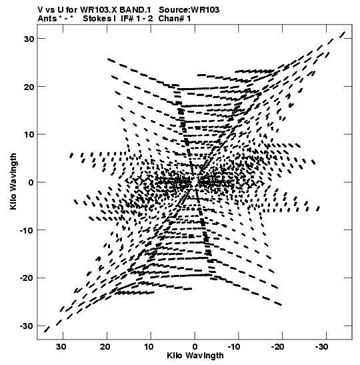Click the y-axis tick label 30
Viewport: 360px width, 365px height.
click(29, 39)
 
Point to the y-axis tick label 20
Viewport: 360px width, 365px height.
click(29, 87)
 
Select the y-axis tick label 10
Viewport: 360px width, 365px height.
click(29, 135)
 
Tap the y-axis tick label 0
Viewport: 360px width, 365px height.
click(31, 182)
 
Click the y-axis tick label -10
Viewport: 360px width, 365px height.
click(27, 230)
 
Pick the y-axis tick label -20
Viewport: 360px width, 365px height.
click(27, 278)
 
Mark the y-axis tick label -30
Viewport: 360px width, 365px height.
click(27, 326)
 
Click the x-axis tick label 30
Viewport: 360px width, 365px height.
click(61, 347)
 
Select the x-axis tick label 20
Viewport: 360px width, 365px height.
click(105, 347)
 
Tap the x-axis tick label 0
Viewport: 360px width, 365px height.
click(195, 347)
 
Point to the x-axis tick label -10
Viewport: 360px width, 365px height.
click(234, 347)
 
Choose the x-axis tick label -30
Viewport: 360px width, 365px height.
click(321, 347)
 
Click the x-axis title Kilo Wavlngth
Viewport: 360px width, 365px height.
click(195, 356)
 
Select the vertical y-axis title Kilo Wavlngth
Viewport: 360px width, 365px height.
click(13, 181)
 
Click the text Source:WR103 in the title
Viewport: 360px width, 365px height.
click(189, 9)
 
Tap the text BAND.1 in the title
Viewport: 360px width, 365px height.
click(135, 9)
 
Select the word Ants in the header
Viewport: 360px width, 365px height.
click(47, 18)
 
